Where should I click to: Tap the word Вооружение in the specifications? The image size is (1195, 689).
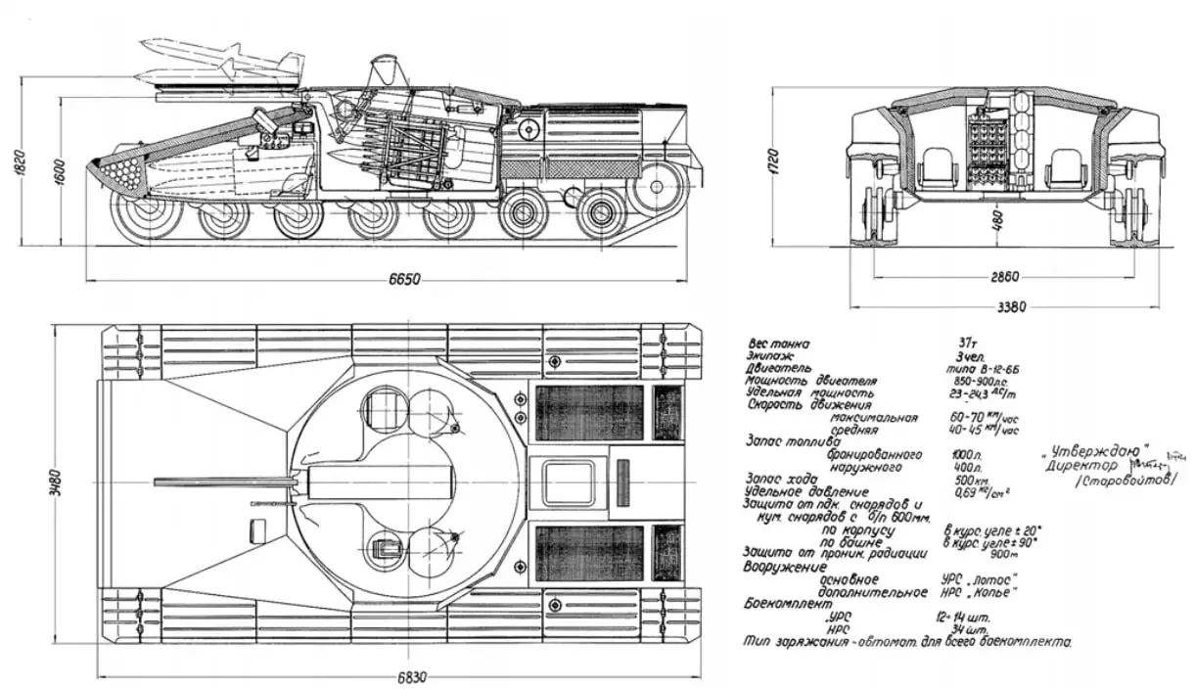pyautogui.click(x=786, y=567)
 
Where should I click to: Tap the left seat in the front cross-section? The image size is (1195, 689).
pyautogui.click(x=937, y=174)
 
